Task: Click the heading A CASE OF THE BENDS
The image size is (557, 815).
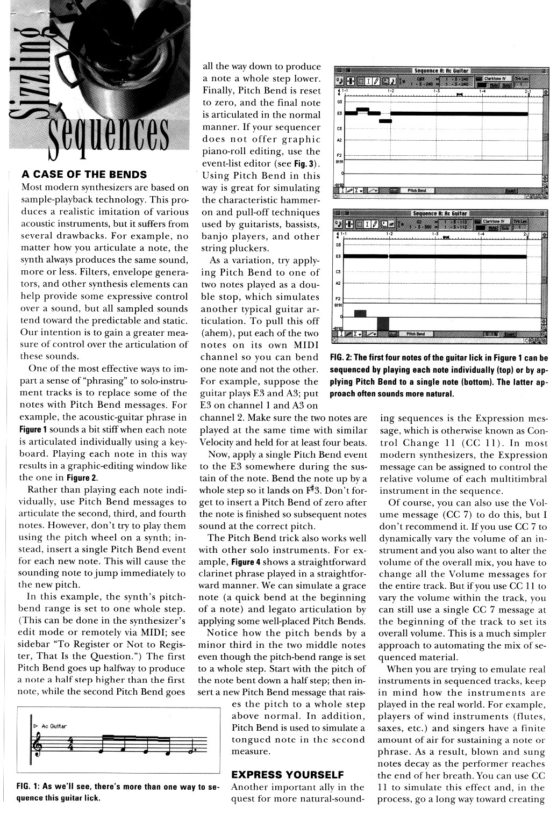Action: pyautogui.click(x=83, y=175)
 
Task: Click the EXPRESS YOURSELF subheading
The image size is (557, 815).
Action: pyautogui.click(x=287, y=775)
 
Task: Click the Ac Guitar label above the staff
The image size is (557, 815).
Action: pyautogui.click(x=54, y=726)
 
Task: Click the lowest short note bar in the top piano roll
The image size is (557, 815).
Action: pyautogui.click(x=385, y=121)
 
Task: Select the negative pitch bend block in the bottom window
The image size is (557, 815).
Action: pyautogui.click(x=383, y=324)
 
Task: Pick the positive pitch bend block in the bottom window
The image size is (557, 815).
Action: pyautogui.click(x=360, y=313)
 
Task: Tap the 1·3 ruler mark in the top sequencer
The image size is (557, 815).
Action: pyautogui.click(x=436, y=91)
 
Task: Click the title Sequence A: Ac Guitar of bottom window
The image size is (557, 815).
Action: pyautogui.click(x=440, y=214)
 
